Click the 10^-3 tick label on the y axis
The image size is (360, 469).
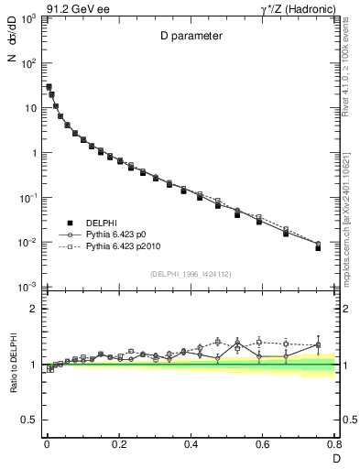27,288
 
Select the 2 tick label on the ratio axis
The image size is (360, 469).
33,309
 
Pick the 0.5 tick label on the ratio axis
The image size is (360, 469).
30,420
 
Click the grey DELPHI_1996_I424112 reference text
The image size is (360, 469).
190,273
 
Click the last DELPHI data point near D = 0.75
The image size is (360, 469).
318,248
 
